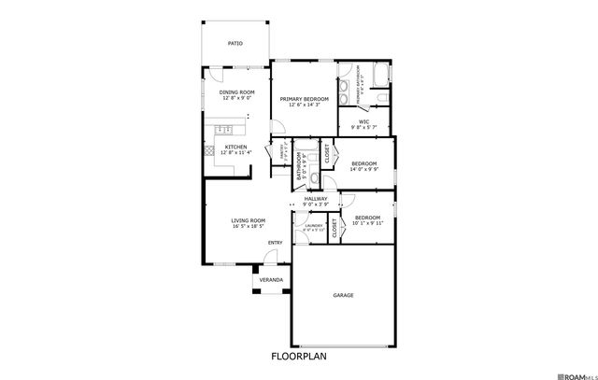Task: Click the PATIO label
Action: pos(235,43)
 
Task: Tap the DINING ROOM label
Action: pos(236,92)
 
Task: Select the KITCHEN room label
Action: pos(235,147)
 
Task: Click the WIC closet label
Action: pos(363,121)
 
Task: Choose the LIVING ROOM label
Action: pos(249,220)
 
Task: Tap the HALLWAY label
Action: pos(315,198)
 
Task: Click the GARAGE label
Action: pos(343,295)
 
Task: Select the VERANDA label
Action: pos(271,279)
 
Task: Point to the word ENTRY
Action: pos(275,243)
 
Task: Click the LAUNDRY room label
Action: pos(307,225)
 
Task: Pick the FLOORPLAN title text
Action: pos(299,356)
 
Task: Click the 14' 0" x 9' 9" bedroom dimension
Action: pos(363,170)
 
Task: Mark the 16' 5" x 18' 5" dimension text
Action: pos(249,226)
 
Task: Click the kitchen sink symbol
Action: pos(222,128)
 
